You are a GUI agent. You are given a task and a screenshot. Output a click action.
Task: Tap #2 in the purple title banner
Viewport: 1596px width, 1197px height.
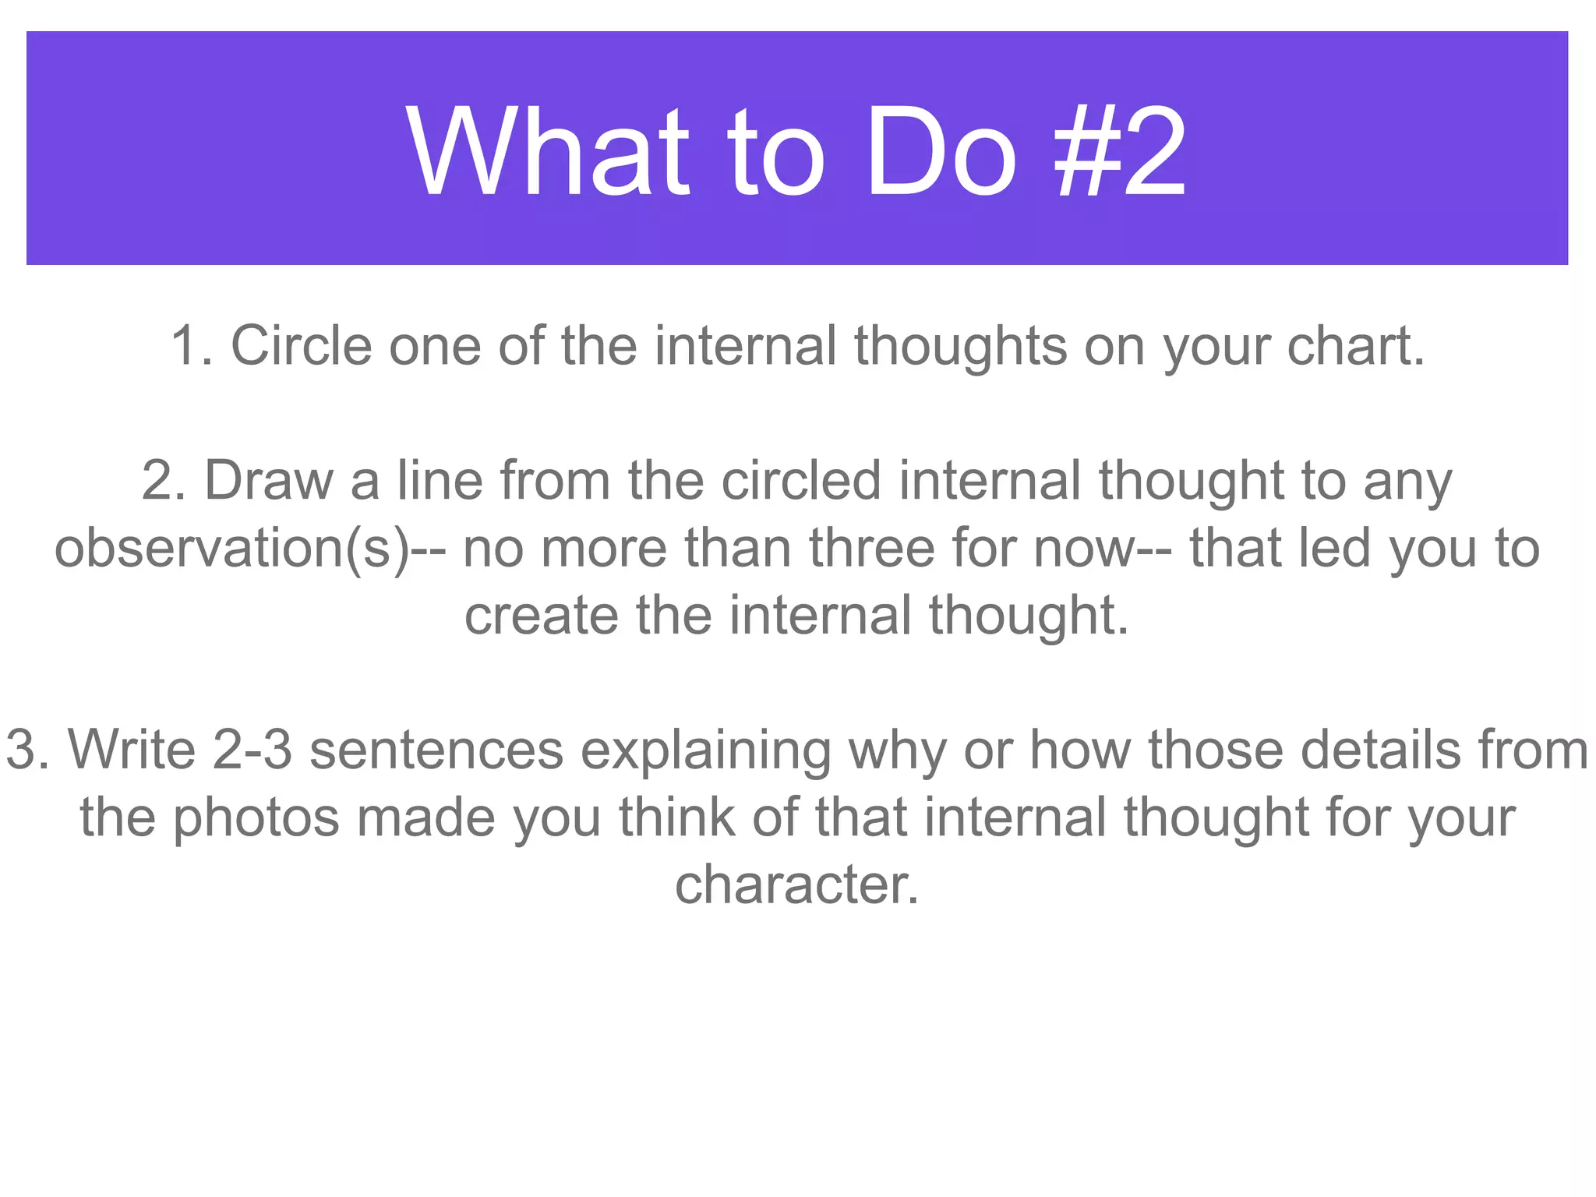[x=1120, y=152]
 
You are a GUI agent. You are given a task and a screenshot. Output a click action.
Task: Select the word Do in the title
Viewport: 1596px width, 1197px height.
[x=941, y=152]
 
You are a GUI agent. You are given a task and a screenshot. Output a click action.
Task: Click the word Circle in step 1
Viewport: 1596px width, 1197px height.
[x=301, y=345]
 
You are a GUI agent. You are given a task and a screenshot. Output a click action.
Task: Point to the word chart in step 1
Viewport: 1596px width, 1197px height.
[x=1355, y=345]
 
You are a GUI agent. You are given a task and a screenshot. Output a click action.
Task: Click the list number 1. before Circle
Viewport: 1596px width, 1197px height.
[x=192, y=345]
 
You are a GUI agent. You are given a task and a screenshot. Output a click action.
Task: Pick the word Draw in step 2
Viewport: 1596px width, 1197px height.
[x=268, y=480]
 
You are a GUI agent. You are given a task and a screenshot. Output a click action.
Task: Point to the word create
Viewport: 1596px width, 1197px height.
[x=541, y=616]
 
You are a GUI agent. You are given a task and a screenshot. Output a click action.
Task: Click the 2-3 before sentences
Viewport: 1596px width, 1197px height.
[x=252, y=750]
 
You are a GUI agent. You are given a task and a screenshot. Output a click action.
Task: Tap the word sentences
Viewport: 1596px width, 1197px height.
[x=436, y=750]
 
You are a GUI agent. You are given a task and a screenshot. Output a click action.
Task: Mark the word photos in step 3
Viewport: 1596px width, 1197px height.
[x=256, y=818]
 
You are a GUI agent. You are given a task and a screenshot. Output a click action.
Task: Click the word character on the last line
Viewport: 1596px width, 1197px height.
[x=797, y=885]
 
